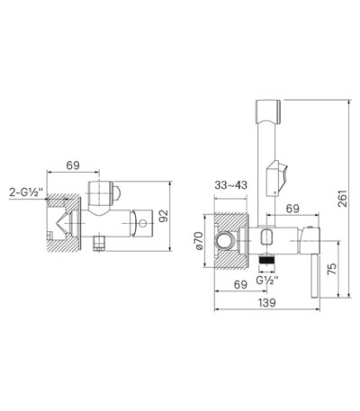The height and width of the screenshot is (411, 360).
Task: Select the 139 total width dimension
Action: pos(266,302)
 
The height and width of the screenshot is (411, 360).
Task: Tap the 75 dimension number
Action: pos(332,269)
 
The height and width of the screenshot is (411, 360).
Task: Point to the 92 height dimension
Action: pos(164,216)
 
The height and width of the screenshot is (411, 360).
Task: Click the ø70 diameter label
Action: pos(200,241)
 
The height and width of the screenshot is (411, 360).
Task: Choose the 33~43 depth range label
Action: pos(230,185)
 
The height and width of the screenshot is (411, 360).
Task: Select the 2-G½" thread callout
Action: pos(26,192)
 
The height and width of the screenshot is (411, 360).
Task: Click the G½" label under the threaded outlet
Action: pos(267,280)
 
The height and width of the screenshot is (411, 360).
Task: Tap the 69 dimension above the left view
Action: pos(73,165)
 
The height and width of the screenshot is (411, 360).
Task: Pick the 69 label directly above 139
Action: pos(240,284)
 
